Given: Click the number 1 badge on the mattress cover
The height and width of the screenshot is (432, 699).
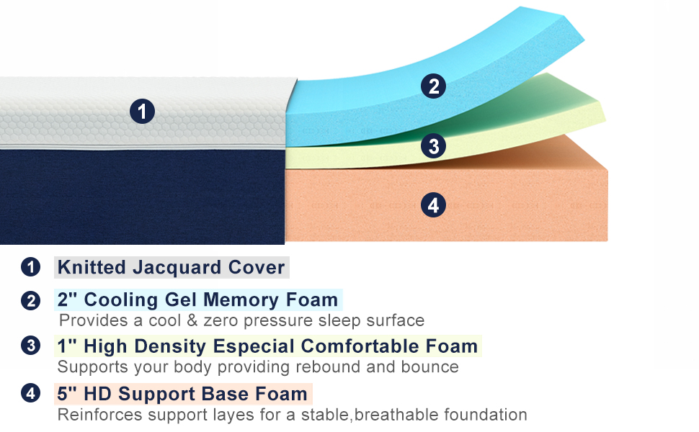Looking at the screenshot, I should pyautogui.click(x=142, y=112).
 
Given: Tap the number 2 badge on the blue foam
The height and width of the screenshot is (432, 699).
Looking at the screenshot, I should pyautogui.click(x=433, y=86).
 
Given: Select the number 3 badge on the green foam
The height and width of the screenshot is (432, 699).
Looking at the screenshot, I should pyautogui.click(x=433, y=146).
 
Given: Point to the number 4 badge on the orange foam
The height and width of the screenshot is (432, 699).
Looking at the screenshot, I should pyautogui.click(x=432, y=205).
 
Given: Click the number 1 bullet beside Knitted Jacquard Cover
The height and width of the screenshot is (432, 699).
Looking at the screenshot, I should pyautogui.click(x=30, y=267).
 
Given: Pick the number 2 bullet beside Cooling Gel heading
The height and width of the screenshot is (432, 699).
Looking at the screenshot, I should pyautogui.click(x=30, y=300).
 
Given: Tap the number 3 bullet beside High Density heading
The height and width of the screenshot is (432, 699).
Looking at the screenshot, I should pyautogui.click(x=30, y=346).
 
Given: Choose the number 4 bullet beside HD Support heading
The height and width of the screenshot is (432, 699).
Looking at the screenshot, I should pyautogui.click(x=30, y=394).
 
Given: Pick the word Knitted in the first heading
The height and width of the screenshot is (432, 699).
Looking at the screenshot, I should pyautogui.click(x=89, y=268).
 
